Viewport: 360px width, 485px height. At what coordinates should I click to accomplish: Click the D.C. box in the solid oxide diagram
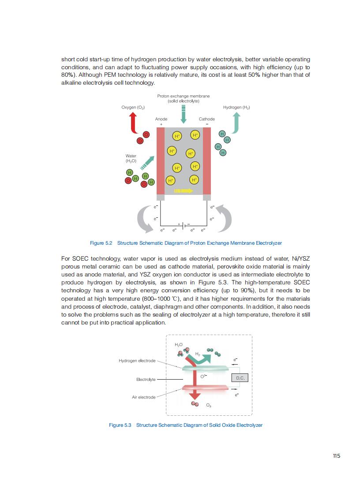pos(240,378)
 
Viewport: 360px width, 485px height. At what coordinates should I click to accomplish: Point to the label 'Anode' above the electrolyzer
pos(161,119)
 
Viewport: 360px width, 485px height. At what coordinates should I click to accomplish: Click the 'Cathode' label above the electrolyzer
pos(207,119)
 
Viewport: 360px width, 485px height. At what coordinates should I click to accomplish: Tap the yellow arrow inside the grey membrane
pos(184,191)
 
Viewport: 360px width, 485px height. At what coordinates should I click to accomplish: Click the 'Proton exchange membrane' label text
pos(183,96)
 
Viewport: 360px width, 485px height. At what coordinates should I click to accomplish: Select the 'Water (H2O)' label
pos(131,158)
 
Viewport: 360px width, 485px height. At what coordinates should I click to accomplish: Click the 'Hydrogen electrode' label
pos(137,361)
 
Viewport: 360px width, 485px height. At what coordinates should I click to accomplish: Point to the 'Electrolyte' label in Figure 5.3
pos(146,379)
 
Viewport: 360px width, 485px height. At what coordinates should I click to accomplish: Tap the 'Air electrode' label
pos(144,397)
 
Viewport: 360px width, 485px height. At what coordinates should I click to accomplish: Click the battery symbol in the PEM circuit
pos(184,224)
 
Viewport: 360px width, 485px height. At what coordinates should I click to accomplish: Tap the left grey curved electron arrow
pos(146,219)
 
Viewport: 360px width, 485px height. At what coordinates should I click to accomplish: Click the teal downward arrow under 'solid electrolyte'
pos(184,114)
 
